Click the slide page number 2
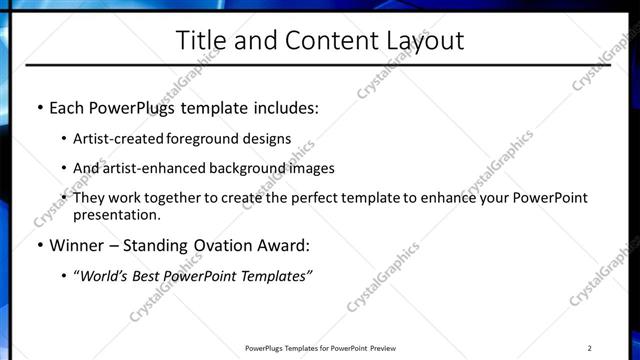click(590, 348)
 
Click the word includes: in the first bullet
click(287, 108)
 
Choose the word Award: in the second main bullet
click(281, 245)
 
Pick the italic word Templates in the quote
click(273, 275)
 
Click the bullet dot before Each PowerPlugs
click(39, 108)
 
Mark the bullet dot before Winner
click(39, 245)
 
